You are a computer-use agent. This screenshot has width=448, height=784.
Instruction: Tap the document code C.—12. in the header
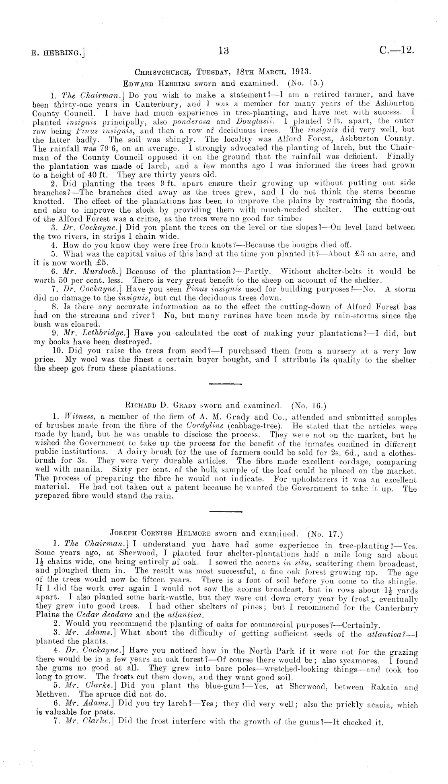[x=396, y=51]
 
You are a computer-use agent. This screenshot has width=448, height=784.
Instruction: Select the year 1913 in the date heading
[x=300, y=73]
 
